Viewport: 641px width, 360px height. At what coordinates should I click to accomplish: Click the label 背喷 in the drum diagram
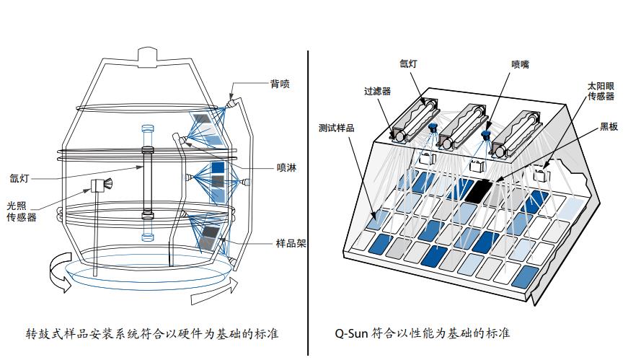(280, 84)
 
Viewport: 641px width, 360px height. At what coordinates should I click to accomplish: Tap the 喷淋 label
(286, 168)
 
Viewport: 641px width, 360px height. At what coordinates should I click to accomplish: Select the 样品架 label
(291, 243)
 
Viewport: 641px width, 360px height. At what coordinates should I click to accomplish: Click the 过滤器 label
(376, 91)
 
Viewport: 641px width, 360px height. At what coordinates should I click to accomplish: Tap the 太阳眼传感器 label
(601, 91)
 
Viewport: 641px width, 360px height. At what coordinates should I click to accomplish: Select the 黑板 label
(609, 126)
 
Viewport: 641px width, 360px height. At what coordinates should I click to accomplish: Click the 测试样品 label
(336, 128)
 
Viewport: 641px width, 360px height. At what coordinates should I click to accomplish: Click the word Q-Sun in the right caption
(352, 333)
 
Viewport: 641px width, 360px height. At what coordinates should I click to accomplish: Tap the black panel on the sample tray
(477, 189)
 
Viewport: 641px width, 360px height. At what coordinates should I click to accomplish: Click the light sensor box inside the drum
(98, 186)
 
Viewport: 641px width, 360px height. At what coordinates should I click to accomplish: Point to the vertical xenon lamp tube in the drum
(147, 180)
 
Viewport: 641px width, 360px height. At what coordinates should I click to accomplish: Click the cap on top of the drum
(147, 55)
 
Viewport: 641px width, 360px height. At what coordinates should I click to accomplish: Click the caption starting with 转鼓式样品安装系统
(152, 333)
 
